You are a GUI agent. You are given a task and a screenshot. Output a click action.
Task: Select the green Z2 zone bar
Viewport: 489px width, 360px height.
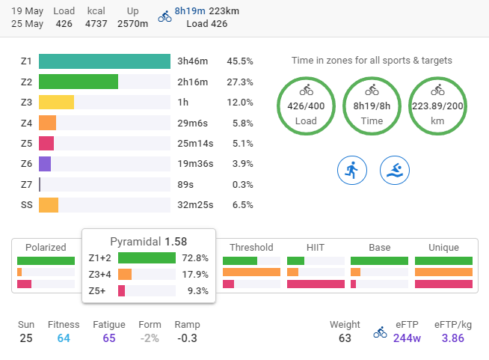pos(79,82)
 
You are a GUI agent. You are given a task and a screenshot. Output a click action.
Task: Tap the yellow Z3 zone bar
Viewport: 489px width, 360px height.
pos(56,103)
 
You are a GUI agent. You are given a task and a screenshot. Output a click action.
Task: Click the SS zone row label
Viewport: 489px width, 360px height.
pos(27,204)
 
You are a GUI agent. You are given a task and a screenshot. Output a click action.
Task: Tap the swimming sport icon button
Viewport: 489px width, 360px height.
pos(394,171)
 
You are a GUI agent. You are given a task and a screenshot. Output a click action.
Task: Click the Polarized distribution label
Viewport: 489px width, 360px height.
pos(46,247)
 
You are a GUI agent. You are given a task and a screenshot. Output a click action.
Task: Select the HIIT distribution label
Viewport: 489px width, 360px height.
pos(316,247)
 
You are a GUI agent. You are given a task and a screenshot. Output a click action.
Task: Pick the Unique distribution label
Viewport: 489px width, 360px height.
pos(443,247)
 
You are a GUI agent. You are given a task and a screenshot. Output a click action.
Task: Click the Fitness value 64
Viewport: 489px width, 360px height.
pos(64,338)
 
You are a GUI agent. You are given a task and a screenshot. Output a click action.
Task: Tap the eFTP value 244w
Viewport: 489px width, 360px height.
pos(407,338)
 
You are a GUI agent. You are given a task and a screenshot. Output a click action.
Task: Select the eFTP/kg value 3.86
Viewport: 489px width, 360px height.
pos(453,338)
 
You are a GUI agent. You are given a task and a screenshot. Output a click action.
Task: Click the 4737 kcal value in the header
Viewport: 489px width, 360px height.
pos(96,23)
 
